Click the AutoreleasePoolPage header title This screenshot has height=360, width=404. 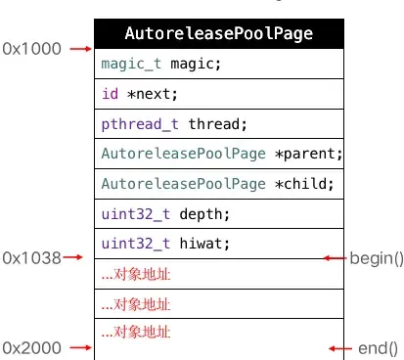219,33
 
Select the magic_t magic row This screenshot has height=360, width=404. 219,64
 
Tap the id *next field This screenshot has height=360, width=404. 219,94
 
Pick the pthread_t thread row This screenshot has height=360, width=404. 219,124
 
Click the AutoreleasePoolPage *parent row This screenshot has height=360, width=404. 219,154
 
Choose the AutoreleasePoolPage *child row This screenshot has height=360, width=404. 219,184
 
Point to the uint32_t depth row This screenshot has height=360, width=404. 219,214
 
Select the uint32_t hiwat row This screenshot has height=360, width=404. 219,244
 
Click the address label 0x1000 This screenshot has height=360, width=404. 30,48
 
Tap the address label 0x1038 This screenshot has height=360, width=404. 30,257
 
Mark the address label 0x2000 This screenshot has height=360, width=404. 30,347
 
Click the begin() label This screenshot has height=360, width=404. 377,258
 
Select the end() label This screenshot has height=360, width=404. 378,347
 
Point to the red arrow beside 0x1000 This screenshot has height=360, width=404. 79,48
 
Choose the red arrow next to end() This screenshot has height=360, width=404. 339,347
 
